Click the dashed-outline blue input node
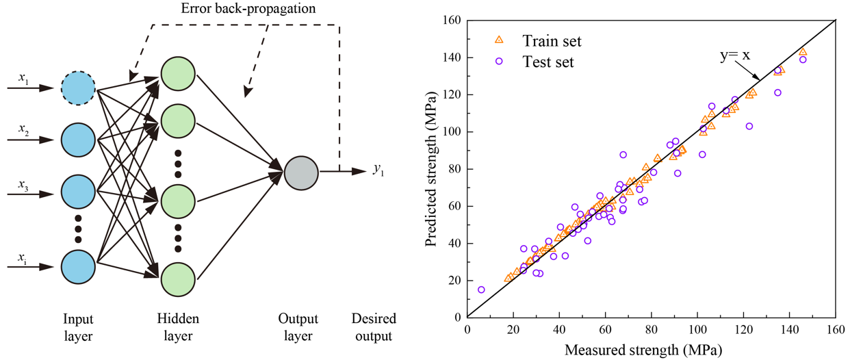[78, 88]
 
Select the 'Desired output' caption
[372, 327]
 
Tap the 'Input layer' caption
[77, 327]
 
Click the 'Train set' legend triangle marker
[499, 41]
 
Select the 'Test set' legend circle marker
[499, 61]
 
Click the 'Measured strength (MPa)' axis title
[652, 350]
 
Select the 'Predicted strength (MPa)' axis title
[431, 168]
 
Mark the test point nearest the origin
[481, 290]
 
